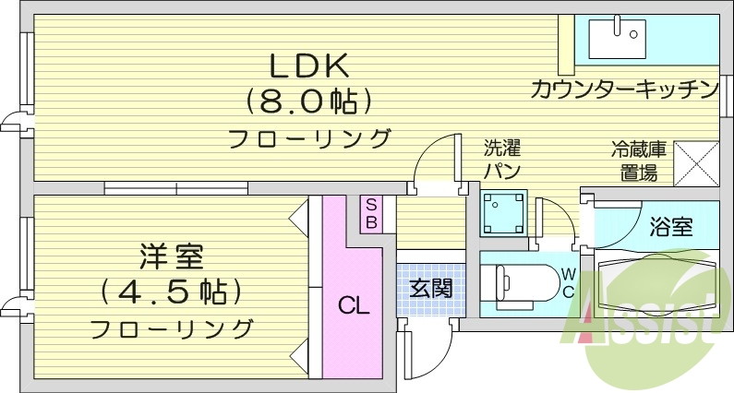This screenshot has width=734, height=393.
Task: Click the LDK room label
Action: tap(307, 66)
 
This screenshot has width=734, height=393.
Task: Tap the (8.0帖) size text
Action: tap(307, 101)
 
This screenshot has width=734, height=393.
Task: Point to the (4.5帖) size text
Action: tap(172, 291)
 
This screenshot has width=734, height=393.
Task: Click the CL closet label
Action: tap(353, 305)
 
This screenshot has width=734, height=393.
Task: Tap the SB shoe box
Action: tap(370, 214)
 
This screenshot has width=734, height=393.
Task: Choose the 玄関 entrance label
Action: tap(430, 288)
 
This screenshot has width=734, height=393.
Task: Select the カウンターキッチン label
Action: tap(624, 89)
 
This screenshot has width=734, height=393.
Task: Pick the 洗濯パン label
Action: tap(503, 159)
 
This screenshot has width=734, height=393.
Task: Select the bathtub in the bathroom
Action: tap(657, 277)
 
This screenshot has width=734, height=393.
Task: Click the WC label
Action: tap(569, 283)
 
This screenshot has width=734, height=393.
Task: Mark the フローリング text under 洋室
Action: tap(172, 328)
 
